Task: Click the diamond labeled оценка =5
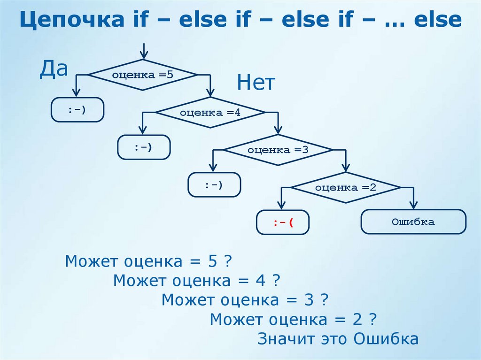(x=143, y=75)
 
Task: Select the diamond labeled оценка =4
(x=210, y=112)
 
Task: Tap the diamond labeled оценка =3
(x=278, y=150)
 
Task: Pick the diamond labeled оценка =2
(x=346, y=187)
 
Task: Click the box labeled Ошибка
(x=413, y=222)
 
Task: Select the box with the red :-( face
(x=283, y=222)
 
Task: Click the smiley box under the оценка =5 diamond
(x=77, y=109)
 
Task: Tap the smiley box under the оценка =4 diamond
(x=144, y=147)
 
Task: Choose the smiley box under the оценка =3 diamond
(x=214, y=184)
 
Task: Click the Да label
(x=54, y=69)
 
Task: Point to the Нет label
(x=256, y=84)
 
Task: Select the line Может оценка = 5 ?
(x=149, y=261)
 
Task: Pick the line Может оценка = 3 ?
(x=245, y=300)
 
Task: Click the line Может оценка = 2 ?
(x=294, y=320)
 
